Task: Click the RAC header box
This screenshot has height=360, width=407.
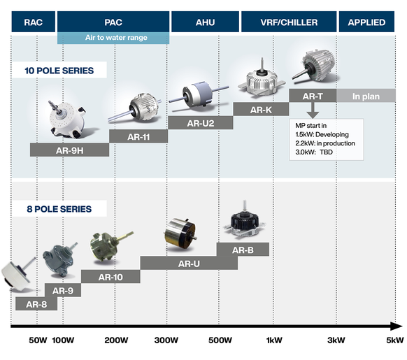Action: click(x=34, y=22)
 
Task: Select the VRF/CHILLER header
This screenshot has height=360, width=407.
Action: click(x=289, y=22)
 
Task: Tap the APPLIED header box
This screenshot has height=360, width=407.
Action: click(x=366, y=22)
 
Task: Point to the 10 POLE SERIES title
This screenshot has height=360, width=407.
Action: click(x=59, y=71)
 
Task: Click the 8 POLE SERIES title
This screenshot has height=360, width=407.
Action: click(x=59, y=209)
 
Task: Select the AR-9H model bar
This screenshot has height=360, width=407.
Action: click(x=69, y=150)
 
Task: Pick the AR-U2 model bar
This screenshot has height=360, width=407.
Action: click(x=201, y=122)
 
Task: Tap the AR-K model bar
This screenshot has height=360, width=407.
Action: click(x=261, y=109)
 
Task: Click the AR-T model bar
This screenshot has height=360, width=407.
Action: click(x=313, y=96)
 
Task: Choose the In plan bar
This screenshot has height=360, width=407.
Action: click(x=366, y=96)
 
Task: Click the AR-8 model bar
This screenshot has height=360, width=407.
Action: click(x=36, y=303)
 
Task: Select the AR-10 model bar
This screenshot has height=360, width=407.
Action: click(x=110, y=276)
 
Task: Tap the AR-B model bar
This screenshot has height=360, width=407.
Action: click(x=243, y=250)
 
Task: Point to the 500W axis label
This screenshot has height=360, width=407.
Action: click(x=220, y=340)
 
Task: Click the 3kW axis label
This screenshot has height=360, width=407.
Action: click(x=336, y=340)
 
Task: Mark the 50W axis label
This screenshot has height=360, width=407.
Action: click(x=38, y=340)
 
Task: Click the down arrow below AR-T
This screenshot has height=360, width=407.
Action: click(x=313, y=110)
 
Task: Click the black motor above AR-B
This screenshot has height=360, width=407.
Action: click(x=245, y=220)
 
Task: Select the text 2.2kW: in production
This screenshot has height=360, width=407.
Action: click(x=325, y=143)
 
